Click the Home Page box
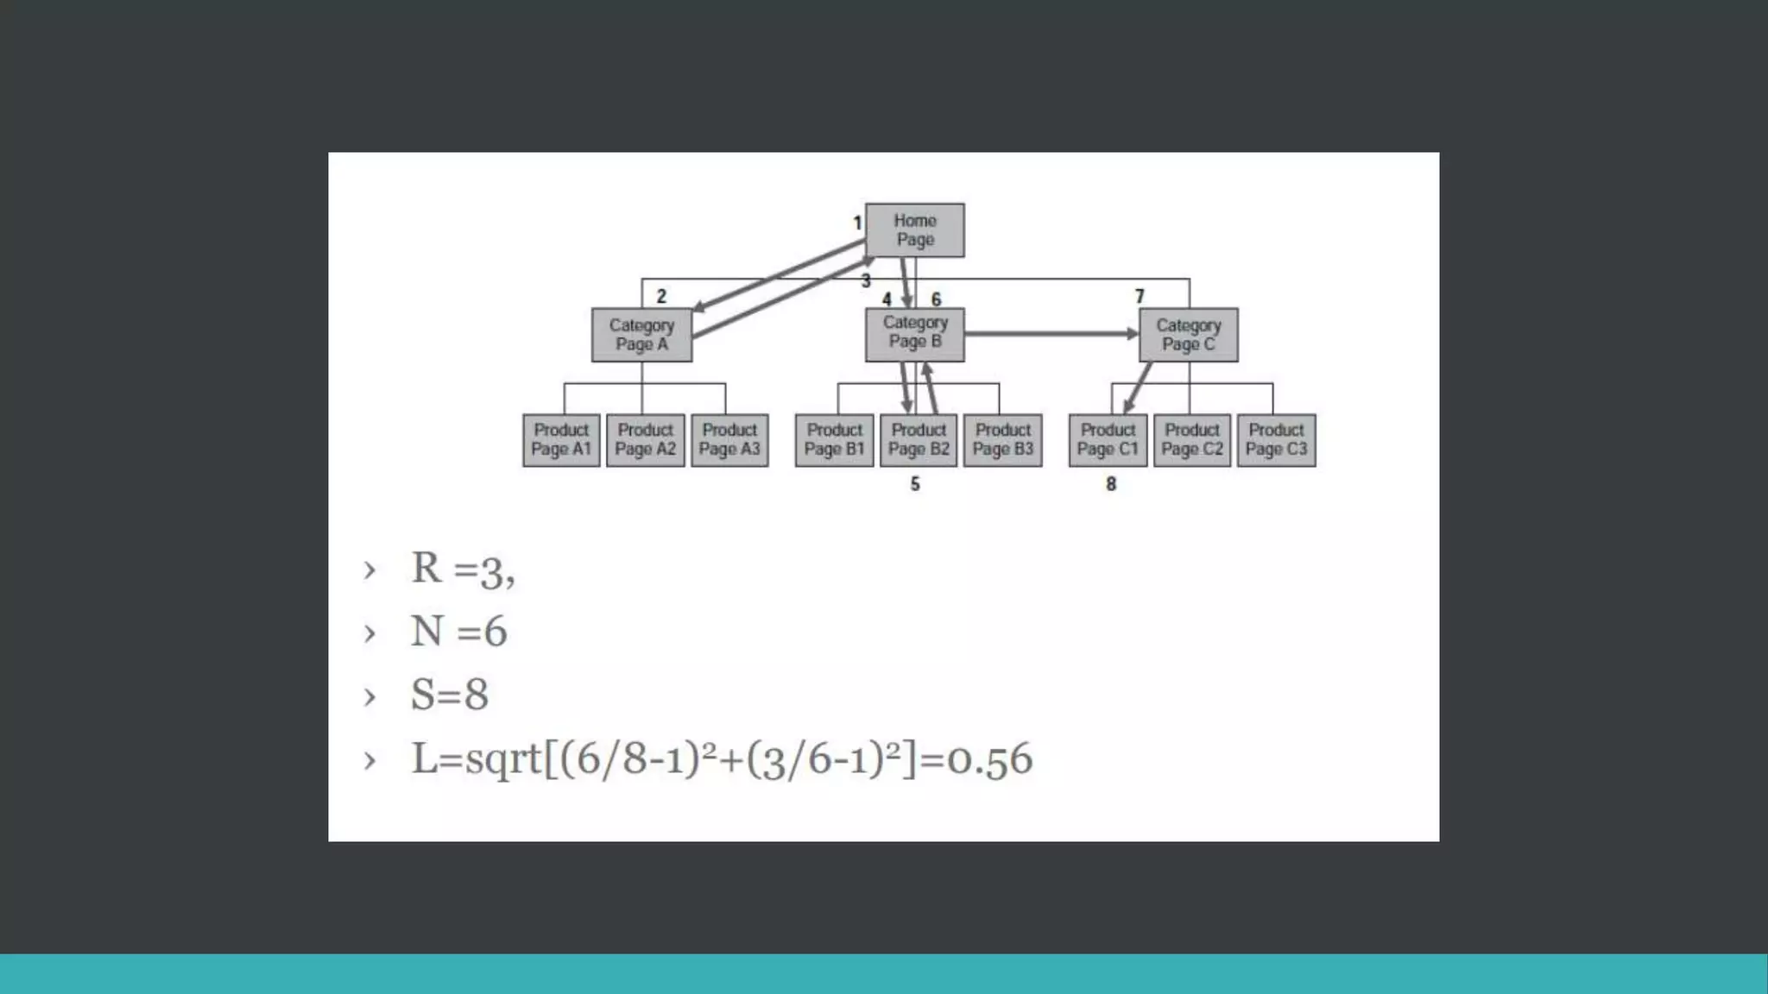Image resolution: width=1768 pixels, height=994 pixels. click(914, 230)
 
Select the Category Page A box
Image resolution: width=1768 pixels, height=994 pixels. click(641, 335)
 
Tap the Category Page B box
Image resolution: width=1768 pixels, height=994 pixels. click(914, 333)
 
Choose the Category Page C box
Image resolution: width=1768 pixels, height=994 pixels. click(1188, 335)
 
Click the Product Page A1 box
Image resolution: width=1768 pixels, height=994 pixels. click(561, 440)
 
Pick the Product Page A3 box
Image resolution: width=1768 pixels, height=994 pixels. click(729, 440)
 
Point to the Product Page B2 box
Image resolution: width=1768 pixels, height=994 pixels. click(919, 440)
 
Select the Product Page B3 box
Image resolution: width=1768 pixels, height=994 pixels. click(1002, 440)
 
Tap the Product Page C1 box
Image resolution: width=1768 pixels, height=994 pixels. click(1108, 440)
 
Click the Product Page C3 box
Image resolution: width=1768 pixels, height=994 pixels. click(1276, 440)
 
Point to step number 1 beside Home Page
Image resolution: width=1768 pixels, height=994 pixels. click(857, 223)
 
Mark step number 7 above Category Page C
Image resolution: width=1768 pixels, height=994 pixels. click(1140, 296)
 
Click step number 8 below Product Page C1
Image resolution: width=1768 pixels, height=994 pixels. click(1111, 484)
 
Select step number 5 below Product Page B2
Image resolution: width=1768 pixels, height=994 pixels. click(915, 484)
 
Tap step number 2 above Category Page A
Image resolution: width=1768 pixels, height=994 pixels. click(661, 296)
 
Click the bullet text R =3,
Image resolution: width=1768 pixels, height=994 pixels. click(463, 569)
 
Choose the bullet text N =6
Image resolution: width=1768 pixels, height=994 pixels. click(458, 632)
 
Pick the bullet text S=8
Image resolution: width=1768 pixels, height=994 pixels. click(449, 695)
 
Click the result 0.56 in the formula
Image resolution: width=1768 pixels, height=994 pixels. click(989, 759)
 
